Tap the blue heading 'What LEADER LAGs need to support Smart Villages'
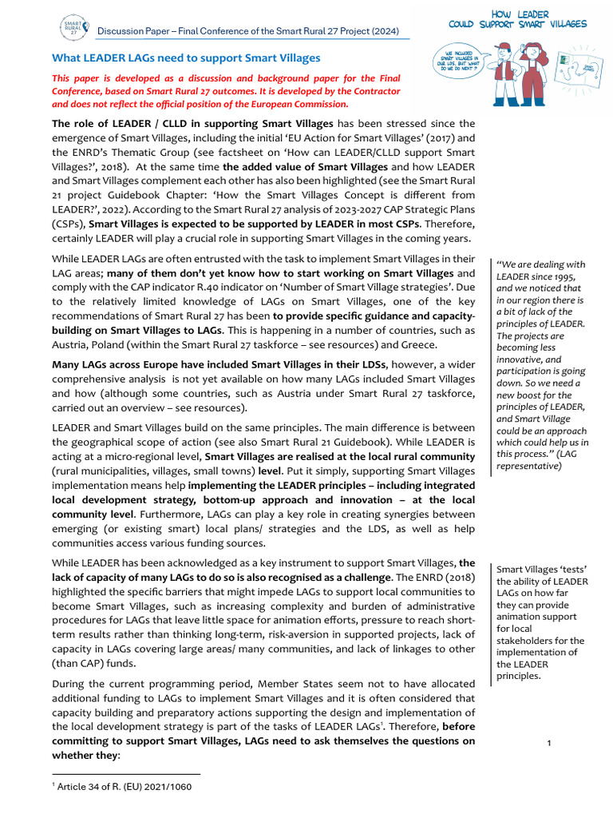(186, 58)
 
